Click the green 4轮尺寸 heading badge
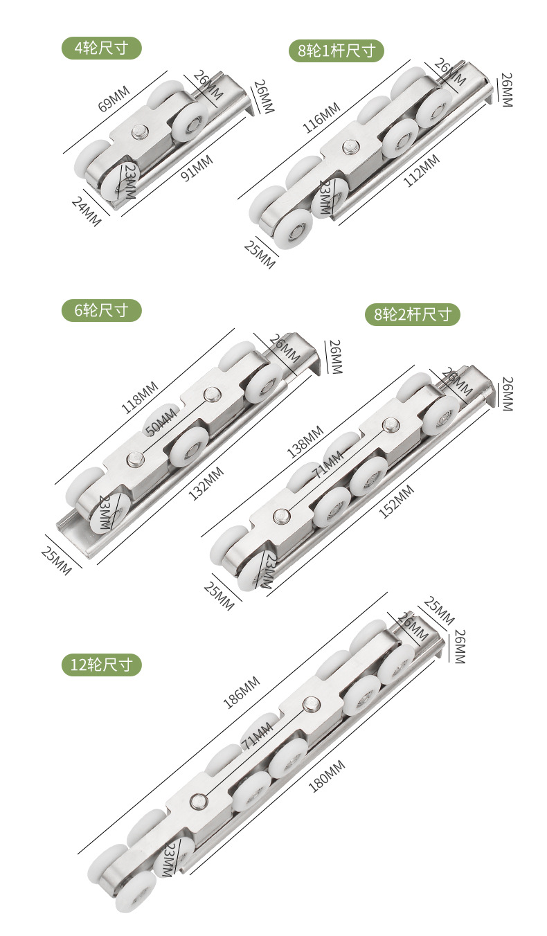[x=102, y=48]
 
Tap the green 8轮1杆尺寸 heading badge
[x=337, y=51]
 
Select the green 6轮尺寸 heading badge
[x=102, y=310]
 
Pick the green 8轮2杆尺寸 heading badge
[x=413, y=315]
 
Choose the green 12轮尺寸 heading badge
[x=102, y=665]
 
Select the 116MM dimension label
[x=321, y=118]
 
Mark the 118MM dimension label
[x=141, y=397]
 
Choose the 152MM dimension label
[x=397, y=502]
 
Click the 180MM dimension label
[x=326, y=776]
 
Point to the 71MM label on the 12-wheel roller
[x=257, y=736]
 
